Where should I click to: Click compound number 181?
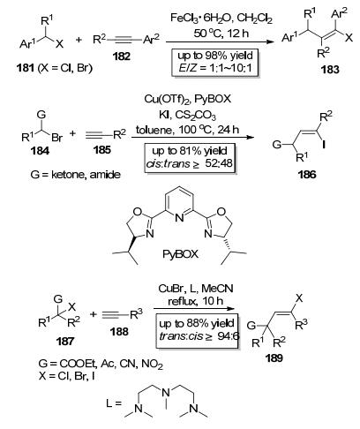pyautogui.click(x=25, y=68)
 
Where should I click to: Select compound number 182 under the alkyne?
pyautogui.click(x=122, y=56)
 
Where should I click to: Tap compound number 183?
pyautogui.click(x=330, y=70)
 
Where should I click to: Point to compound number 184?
pyautogui.click(x=40, y=151)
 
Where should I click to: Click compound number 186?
pyautogui.click(x=307, y=175)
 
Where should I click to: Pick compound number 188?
pyautogui.click(x=119, y=332)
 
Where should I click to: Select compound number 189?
pyautogui.click(x=274, y=358)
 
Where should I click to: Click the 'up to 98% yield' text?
pyautogui.click(x=215, y=56)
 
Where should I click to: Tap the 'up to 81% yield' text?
pyautogui.click(x=190, y=151)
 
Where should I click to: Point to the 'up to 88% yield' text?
pyautogui.click(x=197, y=323)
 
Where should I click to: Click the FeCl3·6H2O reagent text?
pyautogui.click(x=201, y=19)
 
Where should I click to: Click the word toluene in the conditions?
pyautogui.click(x=154, y=130)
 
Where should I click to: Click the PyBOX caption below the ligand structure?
pyautogui.click(x=181, y=254)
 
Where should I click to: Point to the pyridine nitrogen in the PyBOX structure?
pyautogui.click(x=179, y=218)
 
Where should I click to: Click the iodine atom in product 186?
pyautogui.click(x=324, y=145)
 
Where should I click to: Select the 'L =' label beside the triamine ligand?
pyautogui.click(x=114, y=403)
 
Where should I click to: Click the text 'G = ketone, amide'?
pyautogui.click(x=75, y=175)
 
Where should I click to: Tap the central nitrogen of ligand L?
pyautogui.click(x=166, y=392)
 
